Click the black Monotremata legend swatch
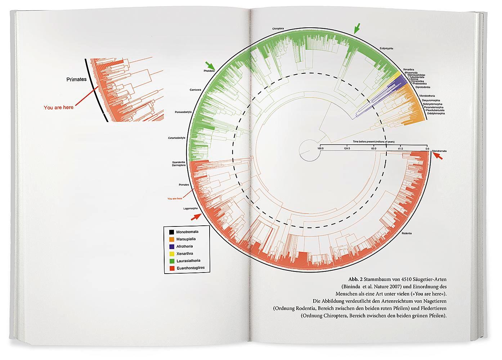click(169, 232)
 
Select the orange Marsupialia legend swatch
click(169, 239)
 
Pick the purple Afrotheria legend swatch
click(169, 247)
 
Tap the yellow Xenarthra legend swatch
click(169, 254)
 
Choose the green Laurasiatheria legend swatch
click(169, 261)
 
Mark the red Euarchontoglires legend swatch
click(169, 268)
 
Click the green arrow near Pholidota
click(210, 65)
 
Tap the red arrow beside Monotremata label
click(438, 156)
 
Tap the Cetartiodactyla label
click(176, 138)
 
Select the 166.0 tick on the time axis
click(321, 148)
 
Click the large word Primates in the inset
click(76, 79)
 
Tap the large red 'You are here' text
click(58, 107)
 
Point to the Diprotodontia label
click(423, 87)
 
